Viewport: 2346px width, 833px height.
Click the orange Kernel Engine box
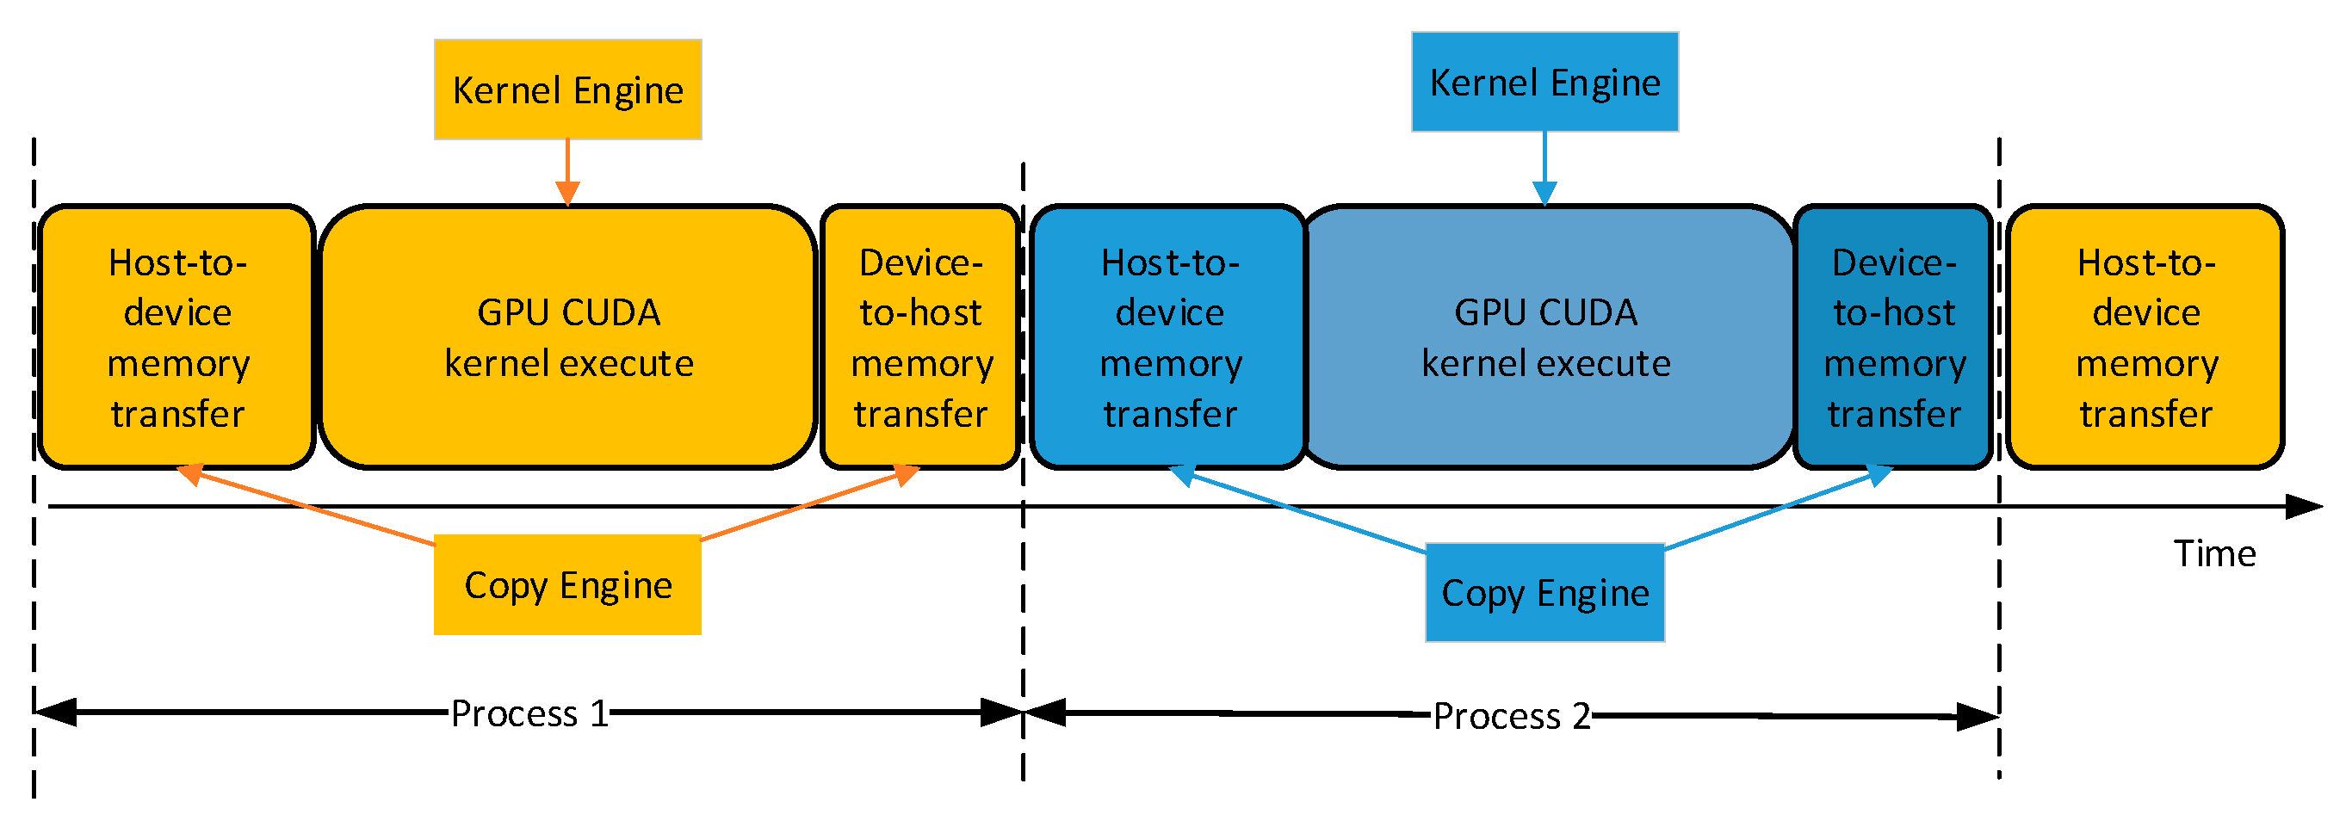point(567,89)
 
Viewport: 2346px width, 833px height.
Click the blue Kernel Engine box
point(1544,82)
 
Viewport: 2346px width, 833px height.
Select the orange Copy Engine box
point(567,584)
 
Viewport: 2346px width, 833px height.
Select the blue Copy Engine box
point(1544,593)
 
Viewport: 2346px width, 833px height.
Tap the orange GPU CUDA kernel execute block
point(567,336)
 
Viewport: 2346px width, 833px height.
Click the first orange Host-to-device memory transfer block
point(176,336)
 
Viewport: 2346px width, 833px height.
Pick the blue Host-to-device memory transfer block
point(1169,336)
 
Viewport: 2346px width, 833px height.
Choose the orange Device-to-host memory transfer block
point(919,336)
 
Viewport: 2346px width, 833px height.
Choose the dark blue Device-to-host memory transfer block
point(1893,336)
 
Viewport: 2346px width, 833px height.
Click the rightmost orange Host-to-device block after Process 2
point(2145,336)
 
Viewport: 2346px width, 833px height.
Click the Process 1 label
point(529,713)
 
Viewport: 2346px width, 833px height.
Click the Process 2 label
point(1511,717)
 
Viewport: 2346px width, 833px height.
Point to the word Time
point(2214,553)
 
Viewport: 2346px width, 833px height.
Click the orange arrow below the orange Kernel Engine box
point(567,173)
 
